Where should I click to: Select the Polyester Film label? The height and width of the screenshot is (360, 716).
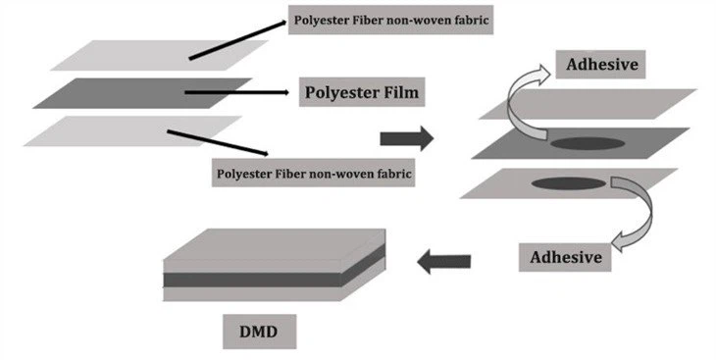(360, 93)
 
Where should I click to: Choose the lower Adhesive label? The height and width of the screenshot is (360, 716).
(564, 257)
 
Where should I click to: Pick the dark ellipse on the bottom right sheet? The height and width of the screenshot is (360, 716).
(567, 182)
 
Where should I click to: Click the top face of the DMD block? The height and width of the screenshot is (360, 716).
(275, 245)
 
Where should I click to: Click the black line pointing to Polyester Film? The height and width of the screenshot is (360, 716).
(235, 93)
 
